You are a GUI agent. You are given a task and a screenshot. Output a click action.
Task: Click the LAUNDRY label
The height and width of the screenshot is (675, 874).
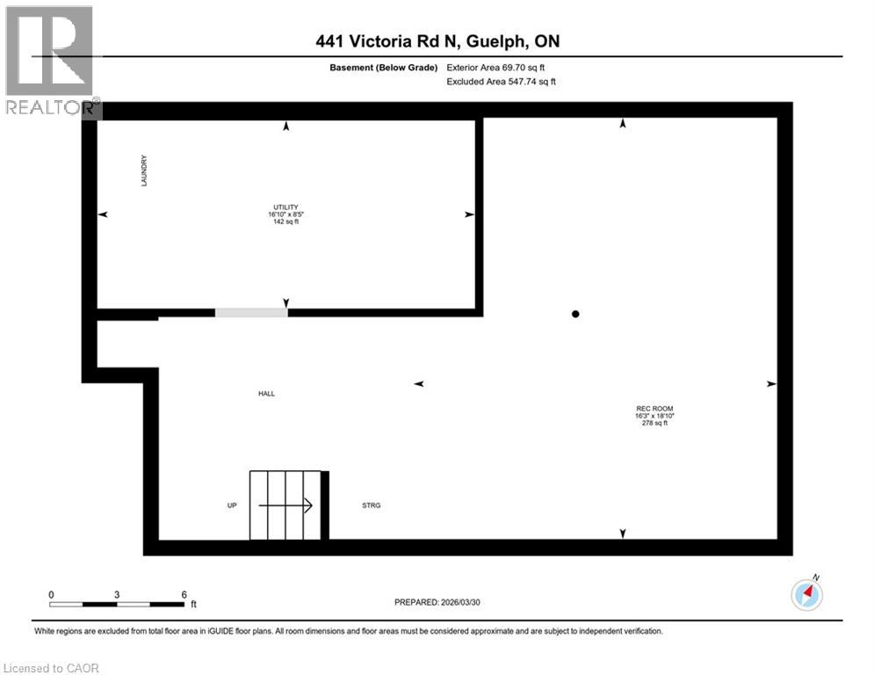143,171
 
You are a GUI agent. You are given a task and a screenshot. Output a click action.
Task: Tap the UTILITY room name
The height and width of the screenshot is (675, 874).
286,207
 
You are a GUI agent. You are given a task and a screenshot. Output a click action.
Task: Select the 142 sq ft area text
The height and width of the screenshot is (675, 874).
286,222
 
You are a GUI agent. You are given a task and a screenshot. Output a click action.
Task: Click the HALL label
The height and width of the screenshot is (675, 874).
266,394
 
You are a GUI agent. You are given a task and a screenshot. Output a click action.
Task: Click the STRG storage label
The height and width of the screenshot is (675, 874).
372,505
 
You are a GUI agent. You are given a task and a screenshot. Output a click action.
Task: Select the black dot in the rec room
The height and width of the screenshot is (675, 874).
575,314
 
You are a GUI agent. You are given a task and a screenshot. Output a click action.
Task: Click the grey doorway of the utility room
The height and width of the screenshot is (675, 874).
251,312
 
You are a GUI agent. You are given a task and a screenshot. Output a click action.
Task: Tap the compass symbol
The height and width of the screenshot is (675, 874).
806,594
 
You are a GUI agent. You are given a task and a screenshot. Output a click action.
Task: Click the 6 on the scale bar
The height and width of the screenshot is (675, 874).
184,594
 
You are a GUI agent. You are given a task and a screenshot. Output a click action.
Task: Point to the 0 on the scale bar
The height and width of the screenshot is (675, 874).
51,594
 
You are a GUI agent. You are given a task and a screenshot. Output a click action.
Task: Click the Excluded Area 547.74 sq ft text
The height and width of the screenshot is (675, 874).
502,82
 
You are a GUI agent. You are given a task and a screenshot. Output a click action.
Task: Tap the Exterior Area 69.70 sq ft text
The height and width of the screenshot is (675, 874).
501,67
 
